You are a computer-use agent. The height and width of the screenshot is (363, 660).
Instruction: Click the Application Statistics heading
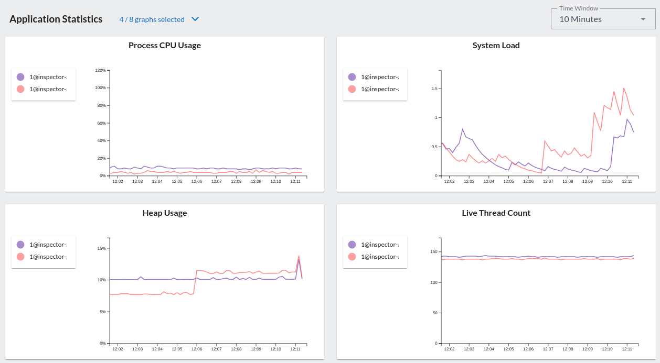(x=56, y=19)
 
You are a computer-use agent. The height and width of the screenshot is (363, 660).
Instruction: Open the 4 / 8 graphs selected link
(x=152, y=19)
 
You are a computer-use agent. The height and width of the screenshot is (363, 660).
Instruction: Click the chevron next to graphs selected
(x=195, y=19)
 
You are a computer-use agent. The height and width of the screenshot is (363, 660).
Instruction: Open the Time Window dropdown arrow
(x=643, y=19)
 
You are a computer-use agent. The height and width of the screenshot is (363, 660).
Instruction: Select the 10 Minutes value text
(x=580, y=19)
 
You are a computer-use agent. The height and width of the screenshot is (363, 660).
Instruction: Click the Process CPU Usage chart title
(x=164, y=46)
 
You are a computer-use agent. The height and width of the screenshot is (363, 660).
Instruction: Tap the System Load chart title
(x=496, y=46)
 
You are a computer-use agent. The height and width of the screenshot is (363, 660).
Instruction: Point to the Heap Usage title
(x=164, y=213)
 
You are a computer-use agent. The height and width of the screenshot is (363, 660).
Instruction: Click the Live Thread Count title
(x=496, y=213)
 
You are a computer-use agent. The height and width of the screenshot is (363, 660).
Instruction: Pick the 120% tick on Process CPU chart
(x=100, y=70)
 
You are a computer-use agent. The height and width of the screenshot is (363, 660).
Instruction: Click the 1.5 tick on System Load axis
(x=433, y=89)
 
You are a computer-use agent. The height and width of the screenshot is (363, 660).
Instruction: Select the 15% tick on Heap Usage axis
(x=102, y=248)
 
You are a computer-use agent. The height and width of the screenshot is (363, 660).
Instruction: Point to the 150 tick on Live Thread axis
(x=432, y=252)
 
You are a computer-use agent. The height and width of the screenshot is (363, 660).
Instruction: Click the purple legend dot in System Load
(x=352, y=77)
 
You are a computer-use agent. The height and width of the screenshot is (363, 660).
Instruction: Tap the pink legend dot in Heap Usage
(x=20, y=257)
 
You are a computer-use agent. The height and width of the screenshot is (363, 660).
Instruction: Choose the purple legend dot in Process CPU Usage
(x=20, y=77)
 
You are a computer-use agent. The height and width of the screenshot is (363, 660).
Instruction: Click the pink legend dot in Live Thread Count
(x=352, y=257)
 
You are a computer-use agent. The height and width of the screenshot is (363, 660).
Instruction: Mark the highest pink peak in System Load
(x=624, y=88)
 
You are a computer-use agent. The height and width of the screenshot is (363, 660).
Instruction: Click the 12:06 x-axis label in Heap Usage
(x=197, y=349)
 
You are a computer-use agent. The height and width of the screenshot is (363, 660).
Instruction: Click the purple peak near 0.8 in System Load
(x=463, y=129)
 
